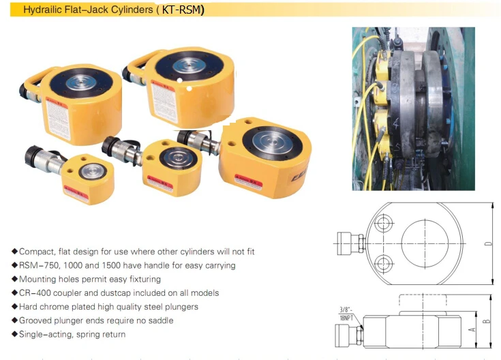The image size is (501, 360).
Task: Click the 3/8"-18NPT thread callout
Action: pyautogui.click(x=348, y=314)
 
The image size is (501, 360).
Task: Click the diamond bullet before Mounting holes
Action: pyautogui.click(x=14, y=279)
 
